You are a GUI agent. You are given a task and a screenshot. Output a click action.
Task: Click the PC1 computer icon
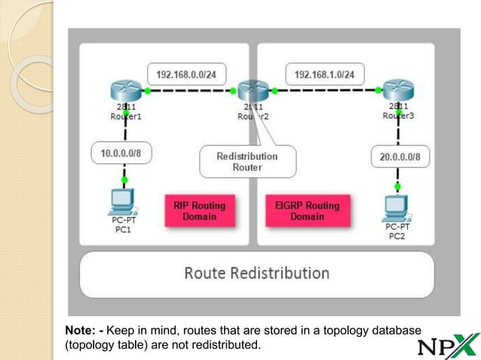coord(122,202)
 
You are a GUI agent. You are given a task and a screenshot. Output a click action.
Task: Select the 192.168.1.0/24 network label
coord(325,75)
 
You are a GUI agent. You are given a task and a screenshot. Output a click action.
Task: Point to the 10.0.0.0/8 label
coord(121,153)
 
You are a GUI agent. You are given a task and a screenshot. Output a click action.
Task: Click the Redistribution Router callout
coord(247,161)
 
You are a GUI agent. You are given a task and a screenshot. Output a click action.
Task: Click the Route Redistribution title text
coord(256,273)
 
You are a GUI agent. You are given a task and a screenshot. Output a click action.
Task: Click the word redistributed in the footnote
coord(225,346)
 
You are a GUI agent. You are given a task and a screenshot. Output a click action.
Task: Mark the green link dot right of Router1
coord(148,91)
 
